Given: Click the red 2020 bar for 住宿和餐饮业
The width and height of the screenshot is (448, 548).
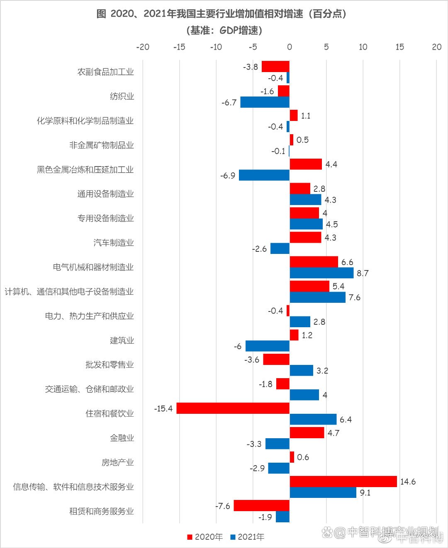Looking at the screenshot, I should point(233,408).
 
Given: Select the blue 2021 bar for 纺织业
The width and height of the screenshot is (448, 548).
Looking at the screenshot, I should point(265,102).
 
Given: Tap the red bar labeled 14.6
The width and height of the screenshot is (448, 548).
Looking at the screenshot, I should point(343,481).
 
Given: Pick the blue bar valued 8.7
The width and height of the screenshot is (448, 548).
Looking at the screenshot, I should point(321,273).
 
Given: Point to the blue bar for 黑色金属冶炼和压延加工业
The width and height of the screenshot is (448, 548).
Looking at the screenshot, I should point(264,175).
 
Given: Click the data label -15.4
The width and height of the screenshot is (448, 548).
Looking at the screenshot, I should point(163,409).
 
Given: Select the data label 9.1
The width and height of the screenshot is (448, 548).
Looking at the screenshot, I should point(365,493).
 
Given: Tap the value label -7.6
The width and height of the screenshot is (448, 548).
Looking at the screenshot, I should point(222,506).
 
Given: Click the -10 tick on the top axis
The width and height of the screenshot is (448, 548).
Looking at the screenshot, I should point(216,47).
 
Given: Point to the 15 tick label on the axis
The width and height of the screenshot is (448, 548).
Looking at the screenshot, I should point(399,47).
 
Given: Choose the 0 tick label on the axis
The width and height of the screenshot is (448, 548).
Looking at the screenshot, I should point(290,47).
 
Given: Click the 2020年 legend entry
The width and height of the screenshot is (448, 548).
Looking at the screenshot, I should point(205,537).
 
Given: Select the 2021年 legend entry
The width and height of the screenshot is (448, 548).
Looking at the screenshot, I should point(247,537).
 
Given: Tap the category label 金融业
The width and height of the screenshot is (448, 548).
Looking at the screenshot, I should point(122,438).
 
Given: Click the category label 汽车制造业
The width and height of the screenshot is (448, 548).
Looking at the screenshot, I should point(114,243).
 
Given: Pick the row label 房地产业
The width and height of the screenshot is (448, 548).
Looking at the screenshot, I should point(118,462).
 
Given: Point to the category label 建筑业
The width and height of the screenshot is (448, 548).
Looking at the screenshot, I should point(122,340).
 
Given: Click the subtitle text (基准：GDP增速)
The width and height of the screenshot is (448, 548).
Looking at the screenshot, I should point(224,31).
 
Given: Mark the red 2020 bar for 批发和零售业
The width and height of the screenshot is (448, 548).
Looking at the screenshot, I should point(276,360).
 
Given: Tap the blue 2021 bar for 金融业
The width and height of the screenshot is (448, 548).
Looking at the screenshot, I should point(277,444).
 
